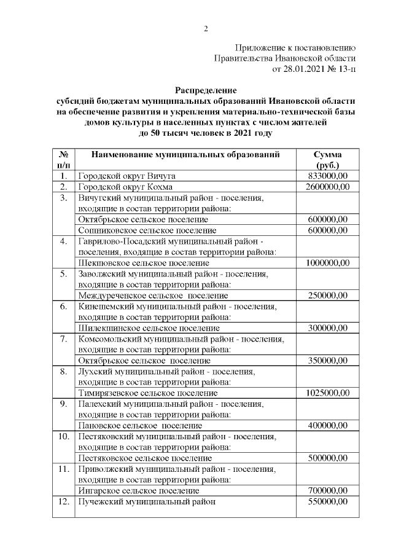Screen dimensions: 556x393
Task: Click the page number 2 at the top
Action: [x=206, y=28]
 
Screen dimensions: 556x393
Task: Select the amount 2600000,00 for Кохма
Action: [x=326, y=187]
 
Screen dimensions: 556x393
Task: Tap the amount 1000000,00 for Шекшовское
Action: [x=327, y=262]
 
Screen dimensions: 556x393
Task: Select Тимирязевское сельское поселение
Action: [x=148, y=393]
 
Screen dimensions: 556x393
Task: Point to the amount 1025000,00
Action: [x=327, y=393]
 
